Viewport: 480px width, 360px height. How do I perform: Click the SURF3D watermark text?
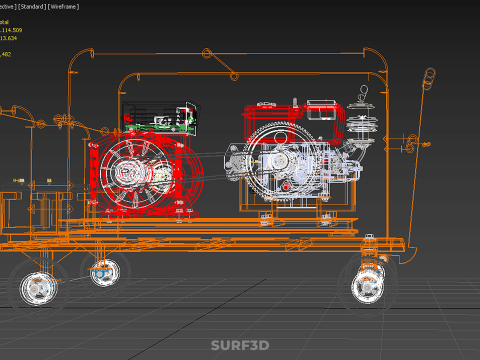240,345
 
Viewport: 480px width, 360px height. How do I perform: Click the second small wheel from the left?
103,270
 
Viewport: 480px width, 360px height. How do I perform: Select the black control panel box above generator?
159,117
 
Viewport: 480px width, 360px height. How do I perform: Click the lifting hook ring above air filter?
365,95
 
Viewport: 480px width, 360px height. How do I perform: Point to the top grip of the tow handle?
430,76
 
